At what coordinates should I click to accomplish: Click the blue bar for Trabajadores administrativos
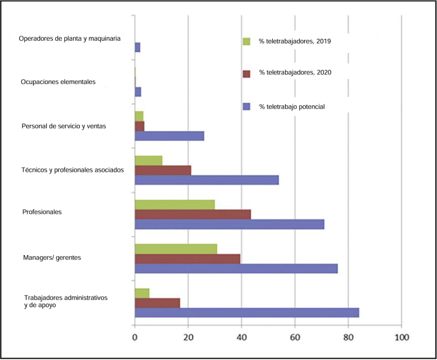pos(247,313)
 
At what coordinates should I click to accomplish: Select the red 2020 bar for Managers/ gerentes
pos(188,259)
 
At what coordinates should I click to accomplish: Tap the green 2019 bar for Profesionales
pos(175,204)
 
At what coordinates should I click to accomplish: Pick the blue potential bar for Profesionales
pos(229,224)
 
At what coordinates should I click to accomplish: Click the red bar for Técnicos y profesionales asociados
pos(163,170)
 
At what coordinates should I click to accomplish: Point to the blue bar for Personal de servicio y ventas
pos(169,136)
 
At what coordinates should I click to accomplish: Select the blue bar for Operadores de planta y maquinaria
pos(137,48)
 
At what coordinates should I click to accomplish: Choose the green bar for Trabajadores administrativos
pos(142,293)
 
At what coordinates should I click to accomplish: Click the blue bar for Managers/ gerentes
pos(236,269)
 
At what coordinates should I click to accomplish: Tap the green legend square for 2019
pos(246,42)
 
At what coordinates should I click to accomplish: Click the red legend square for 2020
pos(246,73)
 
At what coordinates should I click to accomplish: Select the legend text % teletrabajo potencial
pos(291,106)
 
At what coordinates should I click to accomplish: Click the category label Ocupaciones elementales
pos(58,82)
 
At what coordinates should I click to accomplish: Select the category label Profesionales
pos(42,212)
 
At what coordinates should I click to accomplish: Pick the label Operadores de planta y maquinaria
pos(69,38)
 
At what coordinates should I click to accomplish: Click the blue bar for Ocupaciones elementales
pos(138,92)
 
